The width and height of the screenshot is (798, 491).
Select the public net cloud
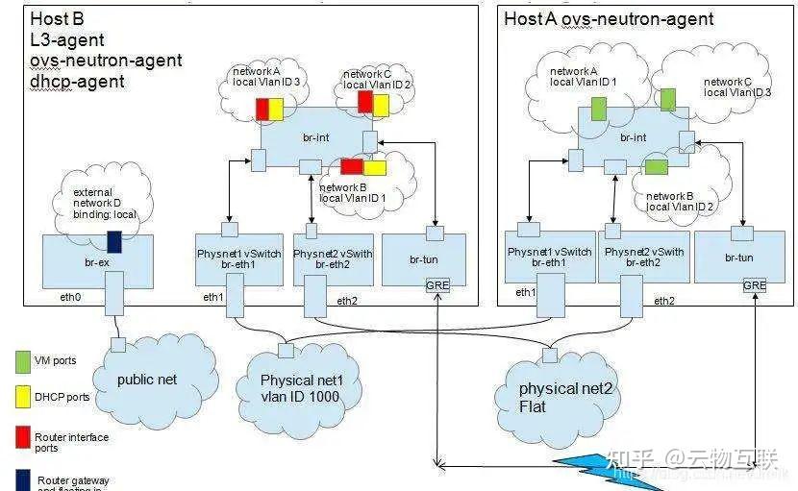pos(146,379)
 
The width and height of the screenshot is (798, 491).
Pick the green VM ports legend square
pos(22,361)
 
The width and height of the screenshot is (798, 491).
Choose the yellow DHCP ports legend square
pos(22,397)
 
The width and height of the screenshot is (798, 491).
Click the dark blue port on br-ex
pos(113,241)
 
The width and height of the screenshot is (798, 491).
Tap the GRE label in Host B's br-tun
pos(437,285)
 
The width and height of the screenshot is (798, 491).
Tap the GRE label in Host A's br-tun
pos(755,285)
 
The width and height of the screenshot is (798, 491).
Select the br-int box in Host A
pos(633,138)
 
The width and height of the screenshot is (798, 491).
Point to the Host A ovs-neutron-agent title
pos(609,18)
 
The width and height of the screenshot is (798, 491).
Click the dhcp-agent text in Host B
pos(77,82)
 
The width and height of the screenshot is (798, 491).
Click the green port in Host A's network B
pos(656,167)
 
